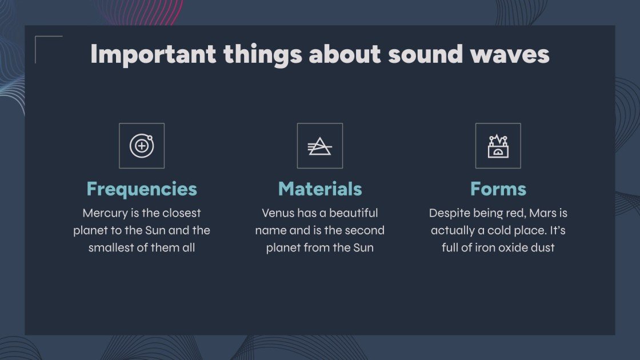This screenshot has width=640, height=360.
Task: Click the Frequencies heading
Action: [142, 189]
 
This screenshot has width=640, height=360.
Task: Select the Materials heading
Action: [320, 189]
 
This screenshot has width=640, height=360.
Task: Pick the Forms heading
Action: [498, 189]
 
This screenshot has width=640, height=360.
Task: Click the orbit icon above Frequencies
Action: [142, 146]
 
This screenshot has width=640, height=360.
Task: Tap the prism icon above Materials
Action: [320, 146]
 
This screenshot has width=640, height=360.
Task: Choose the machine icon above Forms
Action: [498, 146]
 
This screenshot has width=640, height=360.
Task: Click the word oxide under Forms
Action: [503, 248]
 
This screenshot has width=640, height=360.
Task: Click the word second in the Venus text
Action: [364, 231]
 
